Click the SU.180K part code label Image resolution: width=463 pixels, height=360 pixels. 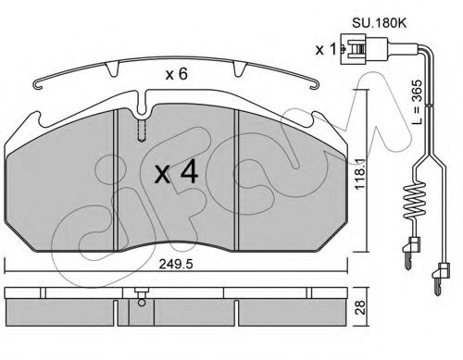(380, 23)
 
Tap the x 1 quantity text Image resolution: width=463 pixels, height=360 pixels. (325, 49)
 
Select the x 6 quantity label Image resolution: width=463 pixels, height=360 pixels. (176, 74)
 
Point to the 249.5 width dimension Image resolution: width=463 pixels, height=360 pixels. (176, 265)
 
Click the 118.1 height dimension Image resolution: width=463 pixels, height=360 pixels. (360, 175)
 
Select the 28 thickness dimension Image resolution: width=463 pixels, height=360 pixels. (360, 307)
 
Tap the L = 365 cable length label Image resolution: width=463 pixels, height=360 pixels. (417, 102)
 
